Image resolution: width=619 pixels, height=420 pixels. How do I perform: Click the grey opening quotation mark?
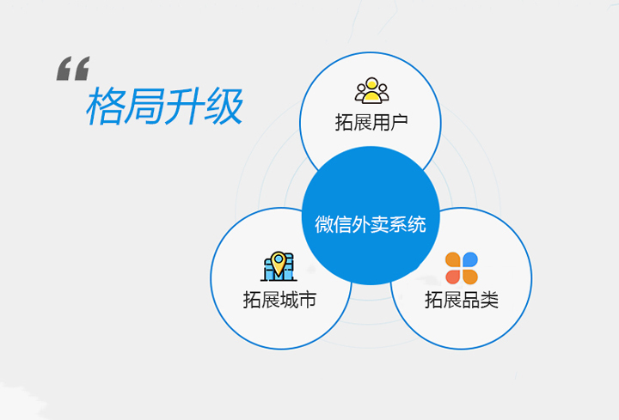click(x=72, y=69)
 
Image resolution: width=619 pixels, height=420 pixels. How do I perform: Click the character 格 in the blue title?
click(x=106, y=107)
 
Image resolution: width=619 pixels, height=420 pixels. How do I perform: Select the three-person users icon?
click(x=371, y=90)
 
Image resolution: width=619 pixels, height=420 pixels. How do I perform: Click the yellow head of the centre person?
click(x=371, y=84)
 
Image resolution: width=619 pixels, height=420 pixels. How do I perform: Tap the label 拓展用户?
click(x=371, y=122)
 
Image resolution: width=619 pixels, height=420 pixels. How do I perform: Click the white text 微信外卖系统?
click(x=371, y=225)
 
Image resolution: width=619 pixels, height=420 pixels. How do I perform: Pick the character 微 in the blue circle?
click(x=325, y=225)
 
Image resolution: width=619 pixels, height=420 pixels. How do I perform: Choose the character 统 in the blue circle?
click(x=417, y=225)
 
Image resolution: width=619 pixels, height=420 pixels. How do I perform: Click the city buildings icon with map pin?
click(x=279, y=266)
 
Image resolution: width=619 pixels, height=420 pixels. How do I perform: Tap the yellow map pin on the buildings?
click(x=279, y=259)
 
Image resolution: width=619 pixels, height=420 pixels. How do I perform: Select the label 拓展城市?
click(x=279, y=301)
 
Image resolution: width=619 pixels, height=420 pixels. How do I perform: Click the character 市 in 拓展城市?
click(x=307, y=301)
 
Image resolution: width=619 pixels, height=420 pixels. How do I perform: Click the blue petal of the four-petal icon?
click(x=469, y=259)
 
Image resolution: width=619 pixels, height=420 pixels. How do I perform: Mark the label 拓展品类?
click(x=462, y=301)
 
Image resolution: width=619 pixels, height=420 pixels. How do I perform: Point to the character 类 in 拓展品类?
click(x=489, y=301)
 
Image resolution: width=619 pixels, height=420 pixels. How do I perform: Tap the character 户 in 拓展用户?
click(x=398, y=122)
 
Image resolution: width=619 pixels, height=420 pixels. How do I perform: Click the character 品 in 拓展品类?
click(x=471, y=301)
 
